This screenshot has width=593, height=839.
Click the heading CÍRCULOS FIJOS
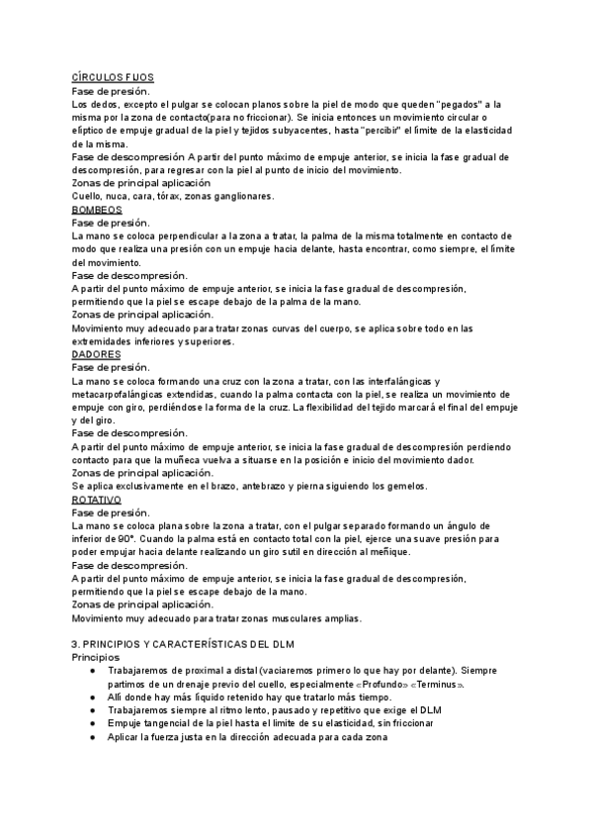(112, 77)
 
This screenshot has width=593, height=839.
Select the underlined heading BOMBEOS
(97, 210)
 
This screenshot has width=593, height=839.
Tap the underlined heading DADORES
(97, 354)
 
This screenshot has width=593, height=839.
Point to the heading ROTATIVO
(97, 500)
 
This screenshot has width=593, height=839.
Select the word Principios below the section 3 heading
(95, 657)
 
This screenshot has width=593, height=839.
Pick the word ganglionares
(240, 196)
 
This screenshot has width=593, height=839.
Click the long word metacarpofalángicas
(124, 394)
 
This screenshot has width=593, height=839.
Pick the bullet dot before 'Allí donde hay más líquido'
(91, 698)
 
